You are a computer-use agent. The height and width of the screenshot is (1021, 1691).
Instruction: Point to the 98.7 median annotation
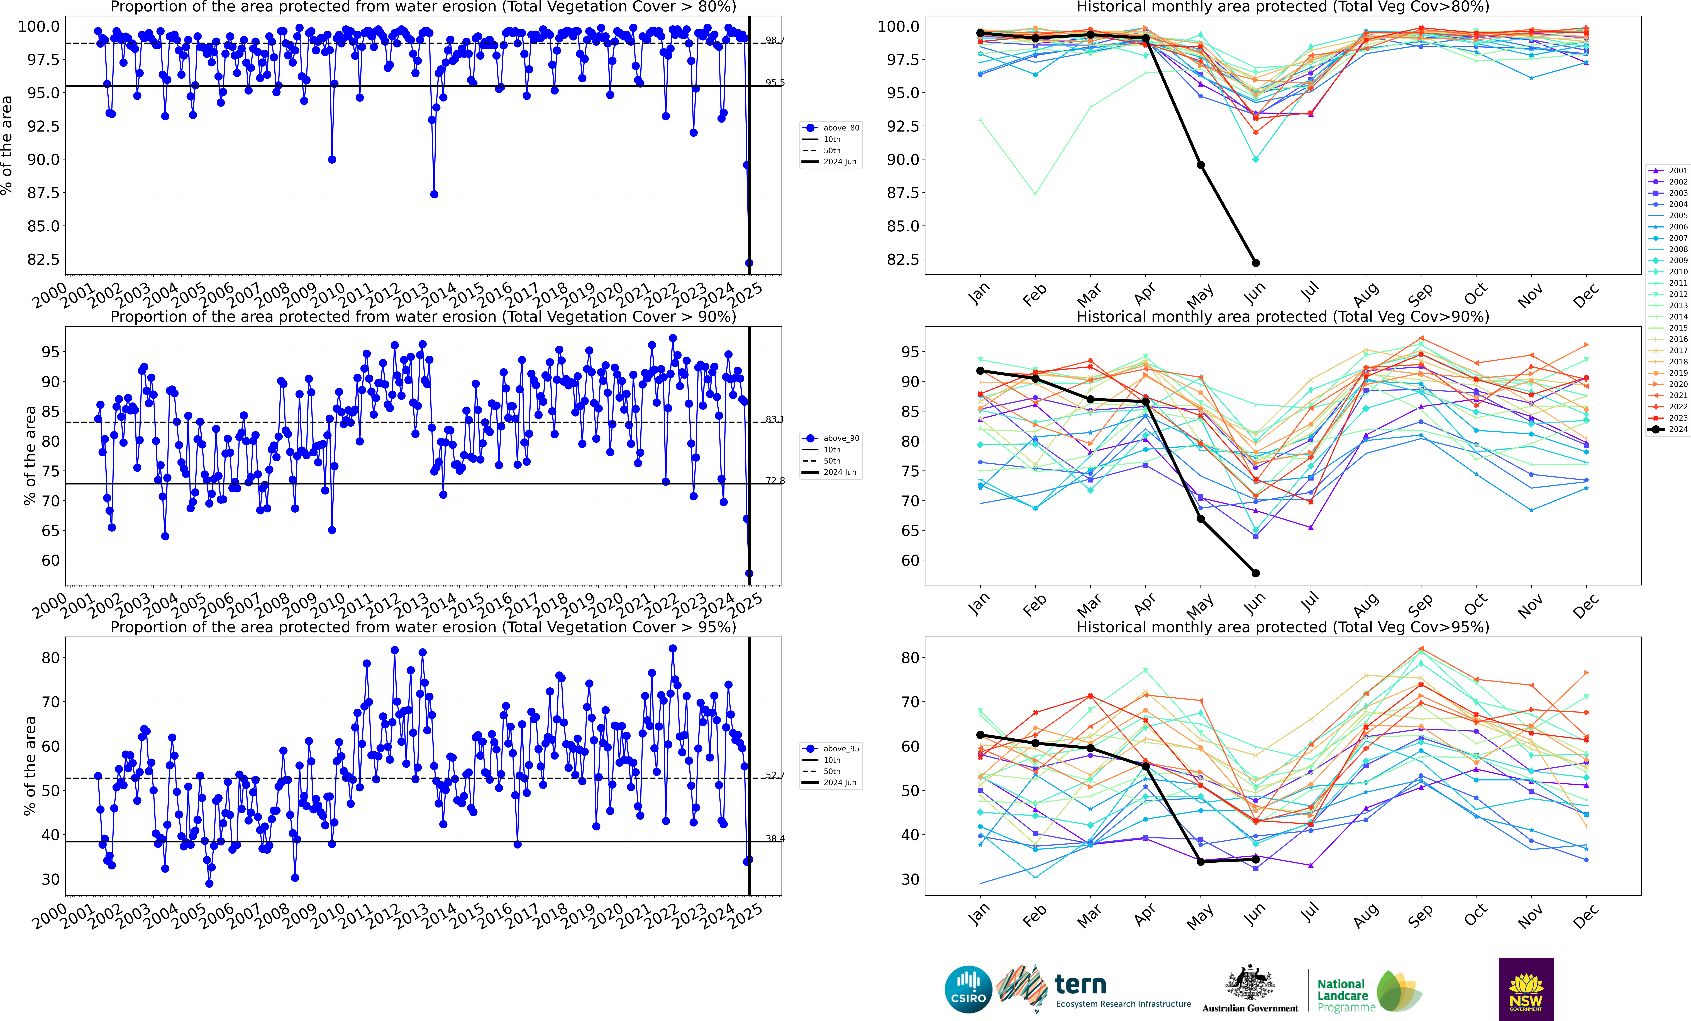(775, 40)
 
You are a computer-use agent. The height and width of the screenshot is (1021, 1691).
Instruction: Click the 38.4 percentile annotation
(775, 838)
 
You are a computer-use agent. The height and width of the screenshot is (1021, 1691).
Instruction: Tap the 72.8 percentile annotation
(775, 481)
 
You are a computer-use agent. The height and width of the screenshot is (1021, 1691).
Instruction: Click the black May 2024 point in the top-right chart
(1200, 165)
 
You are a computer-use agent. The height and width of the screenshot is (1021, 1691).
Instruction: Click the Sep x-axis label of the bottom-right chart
(1420, 915)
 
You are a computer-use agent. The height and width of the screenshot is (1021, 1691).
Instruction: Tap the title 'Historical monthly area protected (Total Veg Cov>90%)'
(1283, 317)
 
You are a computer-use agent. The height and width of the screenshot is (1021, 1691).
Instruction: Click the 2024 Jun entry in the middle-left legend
(839, 472)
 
